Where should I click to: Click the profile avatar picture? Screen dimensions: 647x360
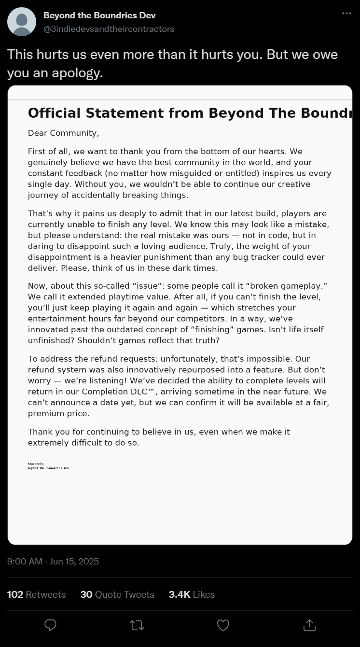[22, 22]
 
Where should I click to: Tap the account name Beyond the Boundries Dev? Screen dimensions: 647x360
[99, 15]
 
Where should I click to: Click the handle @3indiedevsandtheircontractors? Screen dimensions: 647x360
[109, 29]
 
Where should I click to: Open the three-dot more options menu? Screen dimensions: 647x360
[346, 14]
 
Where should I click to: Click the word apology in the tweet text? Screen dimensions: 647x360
[79, 73]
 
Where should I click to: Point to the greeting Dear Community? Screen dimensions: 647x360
[63, 133]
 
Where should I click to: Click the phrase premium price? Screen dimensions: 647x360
[58, 413]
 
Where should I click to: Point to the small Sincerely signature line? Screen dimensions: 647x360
[36, 464]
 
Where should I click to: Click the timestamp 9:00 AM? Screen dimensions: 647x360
[25, 561]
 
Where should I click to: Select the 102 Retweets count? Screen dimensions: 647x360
[36, 594]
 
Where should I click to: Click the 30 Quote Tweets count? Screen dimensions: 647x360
[117, 594]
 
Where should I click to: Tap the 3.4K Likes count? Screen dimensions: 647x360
[192, 594]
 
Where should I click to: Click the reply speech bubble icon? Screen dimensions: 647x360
[50, 625]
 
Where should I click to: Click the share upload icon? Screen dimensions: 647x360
[309, 625]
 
